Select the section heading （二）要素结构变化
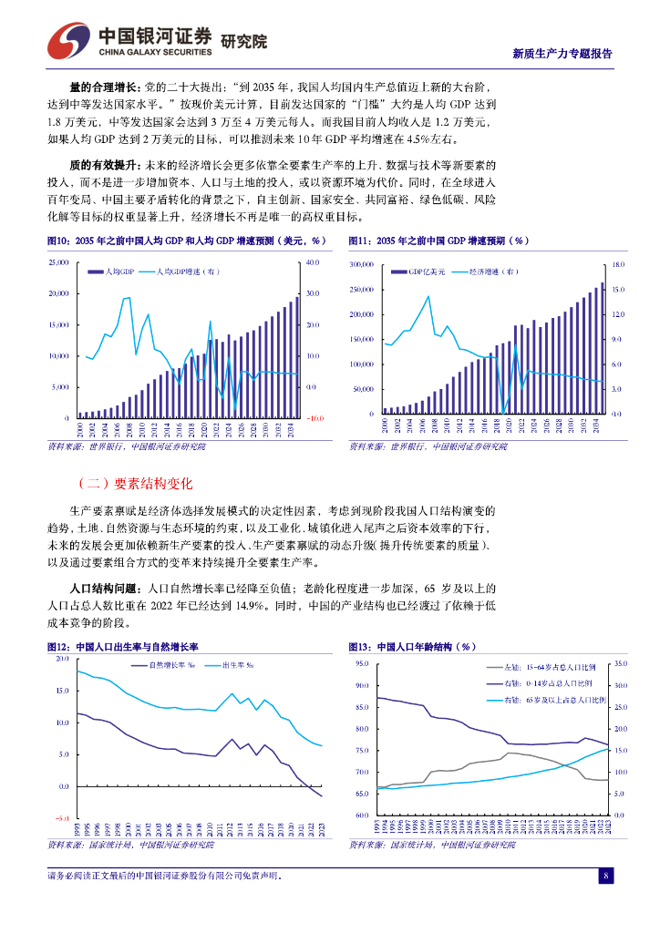point(134,483)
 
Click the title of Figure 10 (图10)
point(186,241)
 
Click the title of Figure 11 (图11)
point(438,241)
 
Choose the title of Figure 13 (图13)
point(413,646)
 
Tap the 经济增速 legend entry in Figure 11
point(493,272)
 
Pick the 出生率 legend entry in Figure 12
point(238,665)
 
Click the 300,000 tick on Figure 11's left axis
point(362,264)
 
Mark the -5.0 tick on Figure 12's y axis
point(61,818)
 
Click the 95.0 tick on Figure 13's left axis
point(362,663)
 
